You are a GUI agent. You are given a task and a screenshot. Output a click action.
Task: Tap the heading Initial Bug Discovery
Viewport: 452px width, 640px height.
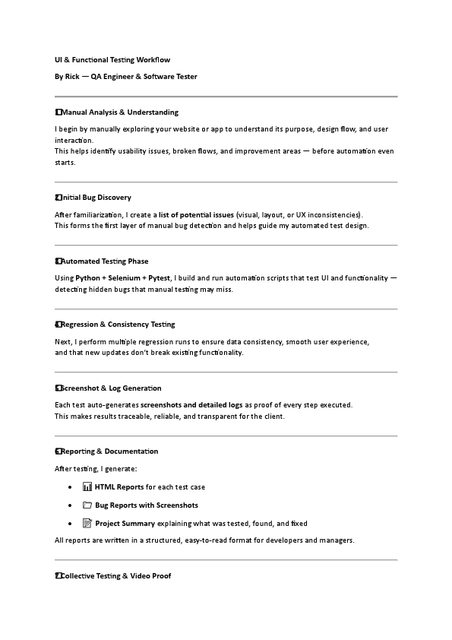pos(96,198)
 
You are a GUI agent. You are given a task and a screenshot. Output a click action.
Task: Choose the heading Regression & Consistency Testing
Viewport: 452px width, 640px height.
pos(118,325)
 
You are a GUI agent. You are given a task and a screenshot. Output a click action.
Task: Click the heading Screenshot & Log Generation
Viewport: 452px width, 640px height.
pos(111,388)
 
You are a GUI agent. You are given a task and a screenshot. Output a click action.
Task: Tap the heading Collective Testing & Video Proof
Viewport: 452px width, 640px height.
pos(115,576)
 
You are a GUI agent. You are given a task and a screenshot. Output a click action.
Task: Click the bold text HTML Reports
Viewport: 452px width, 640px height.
pos(119,487)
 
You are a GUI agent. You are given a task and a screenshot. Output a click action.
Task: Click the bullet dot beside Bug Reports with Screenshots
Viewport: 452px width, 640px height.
pos(70,505)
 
